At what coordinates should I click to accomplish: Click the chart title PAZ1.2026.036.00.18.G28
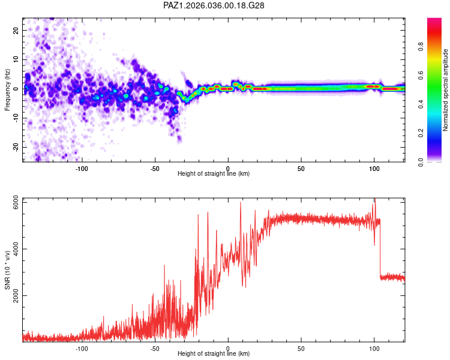pos(214,5)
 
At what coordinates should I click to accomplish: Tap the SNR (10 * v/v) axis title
pos(7,270)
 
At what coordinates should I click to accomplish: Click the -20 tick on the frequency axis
pos(16,146)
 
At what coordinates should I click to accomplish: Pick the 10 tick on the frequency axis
pos(16,60)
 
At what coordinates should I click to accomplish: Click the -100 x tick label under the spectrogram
pos(82,167)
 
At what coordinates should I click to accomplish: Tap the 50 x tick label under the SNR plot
pos(301,348)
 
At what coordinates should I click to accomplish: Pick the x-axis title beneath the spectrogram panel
pos(214,174)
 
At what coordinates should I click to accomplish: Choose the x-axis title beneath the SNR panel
pos(214,355)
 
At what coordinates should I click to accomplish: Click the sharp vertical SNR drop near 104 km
pos(380,249)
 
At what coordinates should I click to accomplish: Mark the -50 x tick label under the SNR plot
pos(155,348)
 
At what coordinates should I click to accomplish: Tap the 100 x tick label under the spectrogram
pos(374,167)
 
